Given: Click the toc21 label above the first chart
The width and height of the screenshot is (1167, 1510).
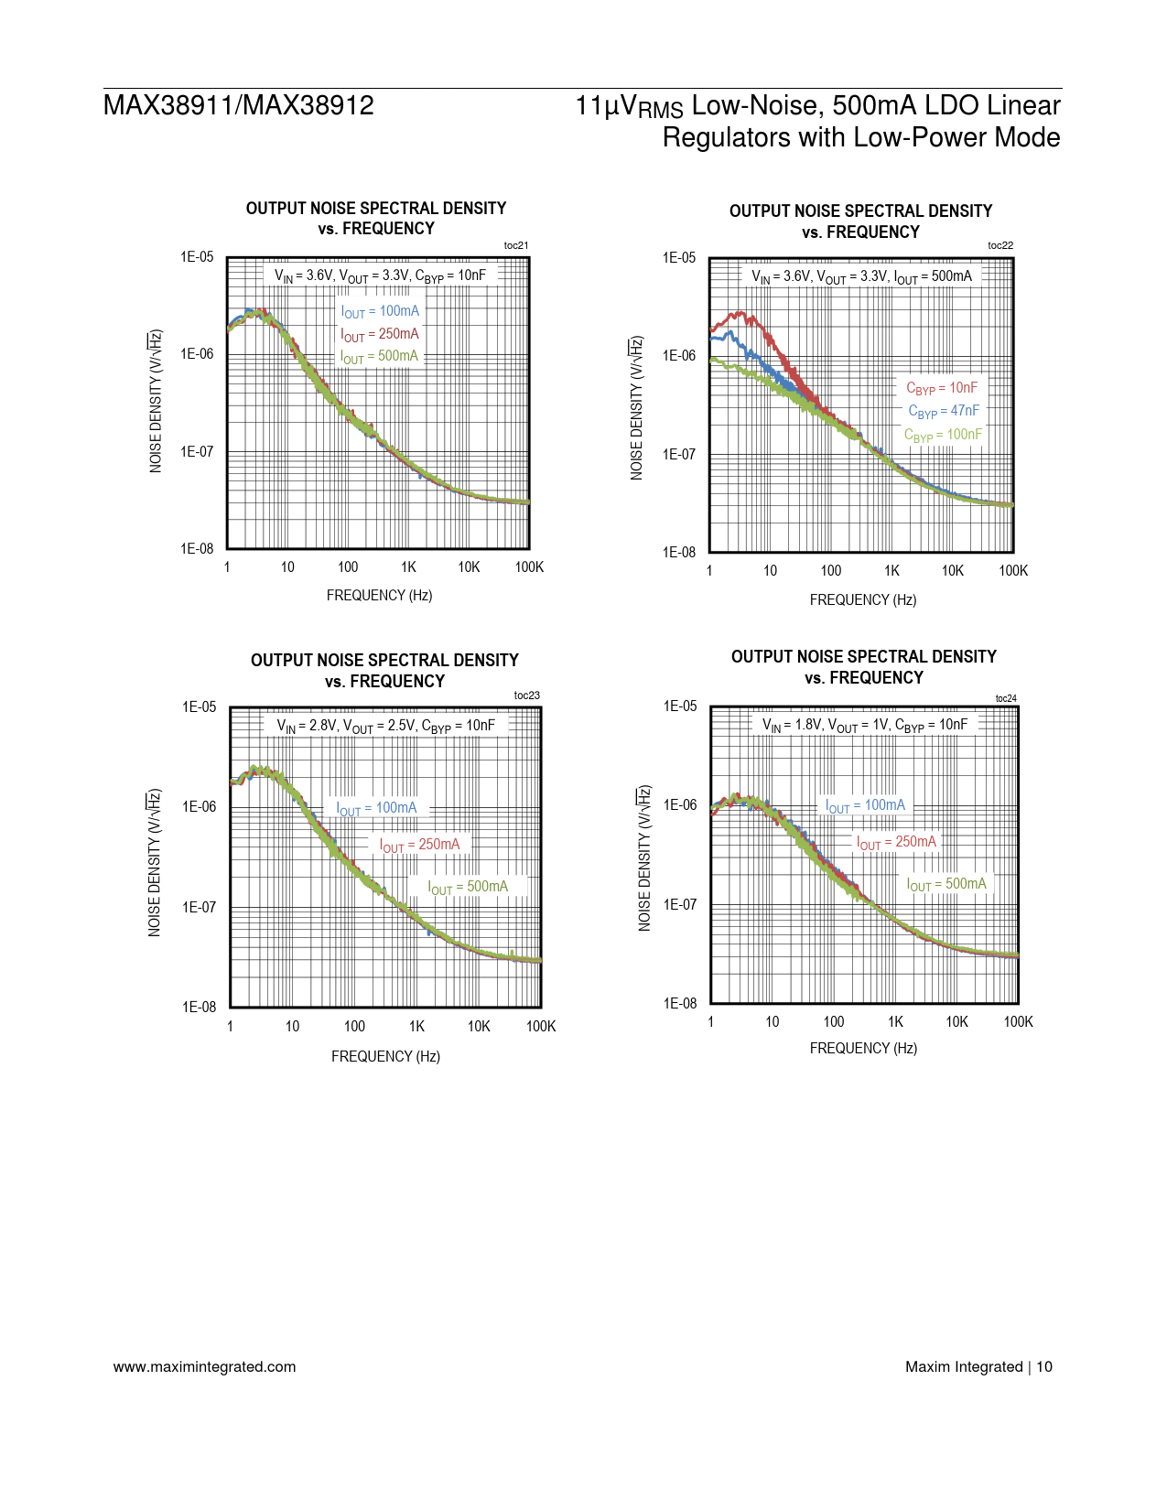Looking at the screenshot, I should point(515,245).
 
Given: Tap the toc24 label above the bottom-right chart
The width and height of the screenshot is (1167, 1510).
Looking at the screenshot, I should point(1005,698).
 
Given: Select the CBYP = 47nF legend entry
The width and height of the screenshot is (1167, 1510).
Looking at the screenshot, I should point(943,411).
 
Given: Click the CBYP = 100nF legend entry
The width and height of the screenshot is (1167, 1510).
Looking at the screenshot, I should point(943,435).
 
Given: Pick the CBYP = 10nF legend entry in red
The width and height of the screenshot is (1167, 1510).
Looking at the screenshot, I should point(942,388).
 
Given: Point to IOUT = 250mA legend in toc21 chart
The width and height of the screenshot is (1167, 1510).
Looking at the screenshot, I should point(380,334).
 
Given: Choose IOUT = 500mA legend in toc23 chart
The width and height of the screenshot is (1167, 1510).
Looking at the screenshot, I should point(468,887).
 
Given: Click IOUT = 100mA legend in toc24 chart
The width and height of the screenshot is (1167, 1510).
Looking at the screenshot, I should point(865,805).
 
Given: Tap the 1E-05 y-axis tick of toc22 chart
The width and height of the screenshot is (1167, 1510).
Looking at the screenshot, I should point(679,258).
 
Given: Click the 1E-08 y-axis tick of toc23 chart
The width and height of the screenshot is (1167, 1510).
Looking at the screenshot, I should point(200,1007).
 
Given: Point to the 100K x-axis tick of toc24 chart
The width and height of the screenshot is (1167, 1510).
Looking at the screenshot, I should point(1018,1021).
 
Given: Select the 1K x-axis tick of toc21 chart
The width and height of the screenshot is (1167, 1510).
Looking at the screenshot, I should point(408,567).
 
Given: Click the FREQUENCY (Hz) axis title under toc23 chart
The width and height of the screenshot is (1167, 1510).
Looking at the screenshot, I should point(385,1056).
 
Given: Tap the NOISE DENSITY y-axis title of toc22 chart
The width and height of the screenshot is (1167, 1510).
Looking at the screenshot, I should point(636,407).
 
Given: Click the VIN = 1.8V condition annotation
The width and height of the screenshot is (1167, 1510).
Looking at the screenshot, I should point(865,725).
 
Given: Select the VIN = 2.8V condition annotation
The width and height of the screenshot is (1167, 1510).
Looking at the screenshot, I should point(385,726).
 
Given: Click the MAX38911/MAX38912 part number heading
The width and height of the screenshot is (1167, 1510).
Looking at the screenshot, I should point(239,105).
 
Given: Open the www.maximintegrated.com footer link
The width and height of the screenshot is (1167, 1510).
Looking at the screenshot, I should point(204,1366).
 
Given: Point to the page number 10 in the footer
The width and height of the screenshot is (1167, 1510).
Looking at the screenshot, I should point(1044,1366).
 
